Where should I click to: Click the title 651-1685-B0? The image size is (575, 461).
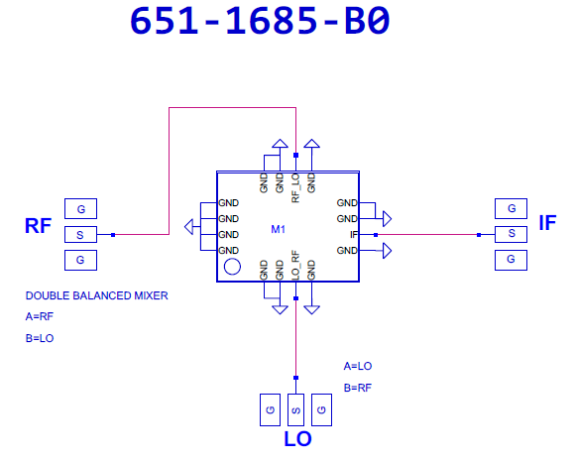(260, 21)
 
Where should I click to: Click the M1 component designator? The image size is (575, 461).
(278, 229)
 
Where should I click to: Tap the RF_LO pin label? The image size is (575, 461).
(295, 188)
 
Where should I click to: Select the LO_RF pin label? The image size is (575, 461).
(295, 265)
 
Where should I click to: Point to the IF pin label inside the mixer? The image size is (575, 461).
(354, 235)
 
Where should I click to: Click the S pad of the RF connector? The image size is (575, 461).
(80, 235)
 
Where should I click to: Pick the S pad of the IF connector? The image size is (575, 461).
(511, 234)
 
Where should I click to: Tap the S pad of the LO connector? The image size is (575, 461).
(296, 410)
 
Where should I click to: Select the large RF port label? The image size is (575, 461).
(38, 225)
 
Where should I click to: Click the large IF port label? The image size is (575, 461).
(547, 223)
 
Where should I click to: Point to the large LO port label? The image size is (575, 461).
(297, 438)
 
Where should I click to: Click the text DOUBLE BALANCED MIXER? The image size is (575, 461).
(97, 295)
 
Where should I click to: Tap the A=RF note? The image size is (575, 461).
(40, 316)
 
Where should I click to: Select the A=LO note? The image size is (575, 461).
(358, 366)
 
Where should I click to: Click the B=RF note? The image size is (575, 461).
(358, 388)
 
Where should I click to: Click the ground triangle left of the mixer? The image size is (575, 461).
(188, 227)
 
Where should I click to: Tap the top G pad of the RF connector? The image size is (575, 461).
(80, 208)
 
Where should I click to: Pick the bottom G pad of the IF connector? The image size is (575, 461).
(511, 260)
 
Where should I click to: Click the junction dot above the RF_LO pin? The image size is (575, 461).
(296, 155)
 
